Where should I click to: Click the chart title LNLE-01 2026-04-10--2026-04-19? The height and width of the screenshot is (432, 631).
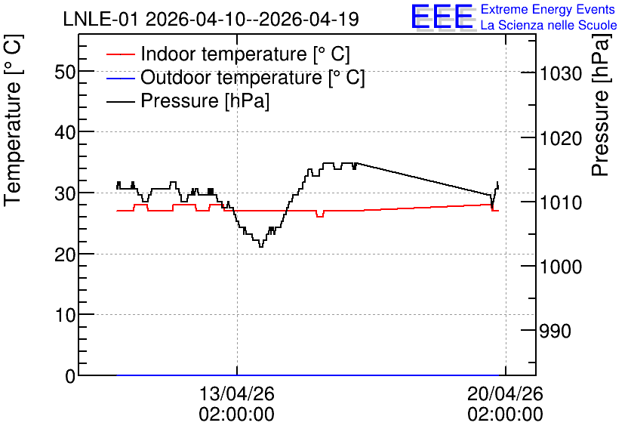click(x=211, y=19)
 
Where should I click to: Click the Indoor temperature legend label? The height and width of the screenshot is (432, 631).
click(x=245, y=54)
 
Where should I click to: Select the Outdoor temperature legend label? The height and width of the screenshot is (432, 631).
click(x=253, y=77)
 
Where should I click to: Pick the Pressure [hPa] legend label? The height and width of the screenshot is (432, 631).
click(x=205, y=100)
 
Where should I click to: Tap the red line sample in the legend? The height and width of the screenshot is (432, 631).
click(x=120, y=54)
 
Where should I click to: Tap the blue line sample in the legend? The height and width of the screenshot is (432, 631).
click(x=120, y=78)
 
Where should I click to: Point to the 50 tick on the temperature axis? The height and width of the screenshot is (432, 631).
click(x=65, y=73)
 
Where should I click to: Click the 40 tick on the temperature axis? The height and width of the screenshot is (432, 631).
click(x=65, y=132)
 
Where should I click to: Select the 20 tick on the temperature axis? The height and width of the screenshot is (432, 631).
click(x=65, y=255)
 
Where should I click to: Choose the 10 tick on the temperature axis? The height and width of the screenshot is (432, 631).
click(x=65, y=315)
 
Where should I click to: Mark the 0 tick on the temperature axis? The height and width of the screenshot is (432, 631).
click(x=70, y=376)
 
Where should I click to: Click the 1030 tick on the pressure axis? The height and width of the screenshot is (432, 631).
click(x=561, y=74)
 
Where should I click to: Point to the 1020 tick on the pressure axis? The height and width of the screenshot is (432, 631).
click(x=561, y=139)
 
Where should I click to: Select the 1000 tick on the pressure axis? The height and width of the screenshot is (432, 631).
click(x=561, y=267)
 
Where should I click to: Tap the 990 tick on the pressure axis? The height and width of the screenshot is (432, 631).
click(x=556, y=332)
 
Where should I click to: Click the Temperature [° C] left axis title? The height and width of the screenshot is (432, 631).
click(x=14, y=120)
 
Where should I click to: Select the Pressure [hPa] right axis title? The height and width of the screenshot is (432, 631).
click(x=601, y=105)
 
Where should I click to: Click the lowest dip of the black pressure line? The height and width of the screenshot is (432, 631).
click(x=260, y=246)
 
